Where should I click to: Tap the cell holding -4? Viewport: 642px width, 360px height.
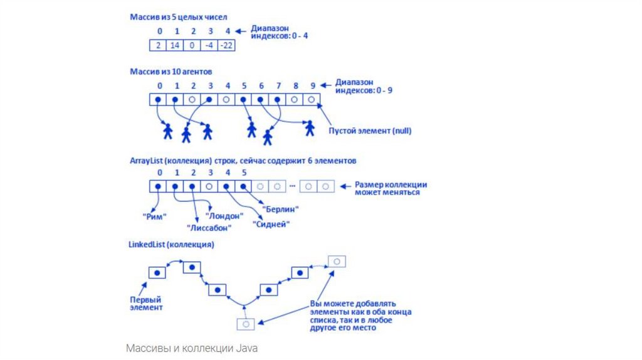tap(211, 46)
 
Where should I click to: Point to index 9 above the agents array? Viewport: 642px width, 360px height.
tap(312, 85)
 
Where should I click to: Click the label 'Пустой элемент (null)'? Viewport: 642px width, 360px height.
tap(371, 131)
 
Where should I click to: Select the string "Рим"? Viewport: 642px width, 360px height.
tap(155, 216)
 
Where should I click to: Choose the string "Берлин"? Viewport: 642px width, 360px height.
tap(280, 208)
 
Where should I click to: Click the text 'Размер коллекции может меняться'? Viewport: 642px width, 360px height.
tap(391, 188)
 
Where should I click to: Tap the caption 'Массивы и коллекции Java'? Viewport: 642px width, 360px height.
tap(191, 347)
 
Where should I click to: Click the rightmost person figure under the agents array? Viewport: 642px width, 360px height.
tap(309, 128)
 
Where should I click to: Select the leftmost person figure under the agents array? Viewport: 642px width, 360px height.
tap(167, 131)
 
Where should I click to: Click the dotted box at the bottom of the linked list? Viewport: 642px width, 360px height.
tap(246, 324)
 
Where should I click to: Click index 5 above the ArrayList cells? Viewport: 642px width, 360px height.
tap(244, 172)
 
